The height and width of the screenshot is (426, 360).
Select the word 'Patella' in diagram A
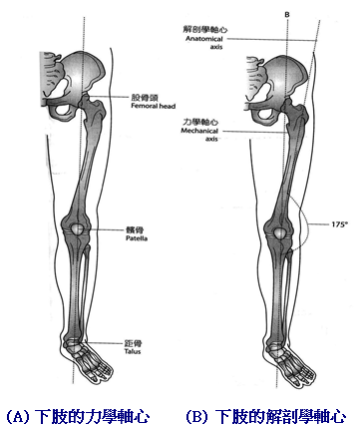137,239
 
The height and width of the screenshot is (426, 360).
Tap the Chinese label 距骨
135,339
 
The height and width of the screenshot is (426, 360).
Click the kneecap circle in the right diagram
283,235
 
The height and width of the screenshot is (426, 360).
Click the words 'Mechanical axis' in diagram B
198,137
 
